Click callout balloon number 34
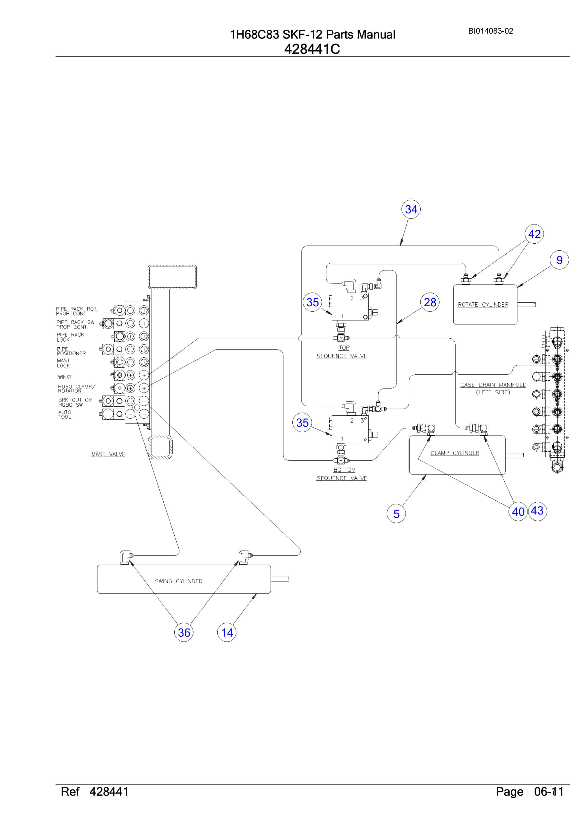(411, 209)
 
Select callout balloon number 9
(559, 260)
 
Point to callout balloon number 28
(430, 302)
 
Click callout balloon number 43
(537, 511)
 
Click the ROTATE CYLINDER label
(483, 305)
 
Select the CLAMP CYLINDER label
(455, 453)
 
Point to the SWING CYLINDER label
(179, 581)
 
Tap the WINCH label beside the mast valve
(65, 377)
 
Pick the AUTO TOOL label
(65, 414)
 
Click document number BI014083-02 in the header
(491, 31)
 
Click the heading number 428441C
(312, 49)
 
